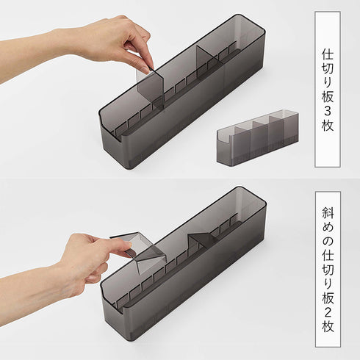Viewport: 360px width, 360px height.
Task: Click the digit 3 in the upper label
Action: click(x=328, y=111)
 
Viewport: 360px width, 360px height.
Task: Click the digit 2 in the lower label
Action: click(x=328, y=312)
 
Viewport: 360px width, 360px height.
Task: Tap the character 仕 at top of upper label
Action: click(x=328, y=54)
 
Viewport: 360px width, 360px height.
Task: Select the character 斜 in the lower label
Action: click(x=328, y=213)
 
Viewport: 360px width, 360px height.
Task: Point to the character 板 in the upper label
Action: click(x=328, y=97)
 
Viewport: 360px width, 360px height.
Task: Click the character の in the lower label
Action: click(x=328, y=242)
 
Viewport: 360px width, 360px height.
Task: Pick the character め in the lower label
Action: click(x=328, y=228)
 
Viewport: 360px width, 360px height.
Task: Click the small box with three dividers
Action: click(x=258, y=137)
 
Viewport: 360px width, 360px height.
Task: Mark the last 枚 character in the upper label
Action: click(x=328, y=126)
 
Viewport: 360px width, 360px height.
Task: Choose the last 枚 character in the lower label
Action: click(x=328, y=326)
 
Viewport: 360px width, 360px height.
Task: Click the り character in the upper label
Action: click(x=328, y=83)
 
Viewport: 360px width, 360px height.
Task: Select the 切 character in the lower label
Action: click(x=328, y=270)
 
